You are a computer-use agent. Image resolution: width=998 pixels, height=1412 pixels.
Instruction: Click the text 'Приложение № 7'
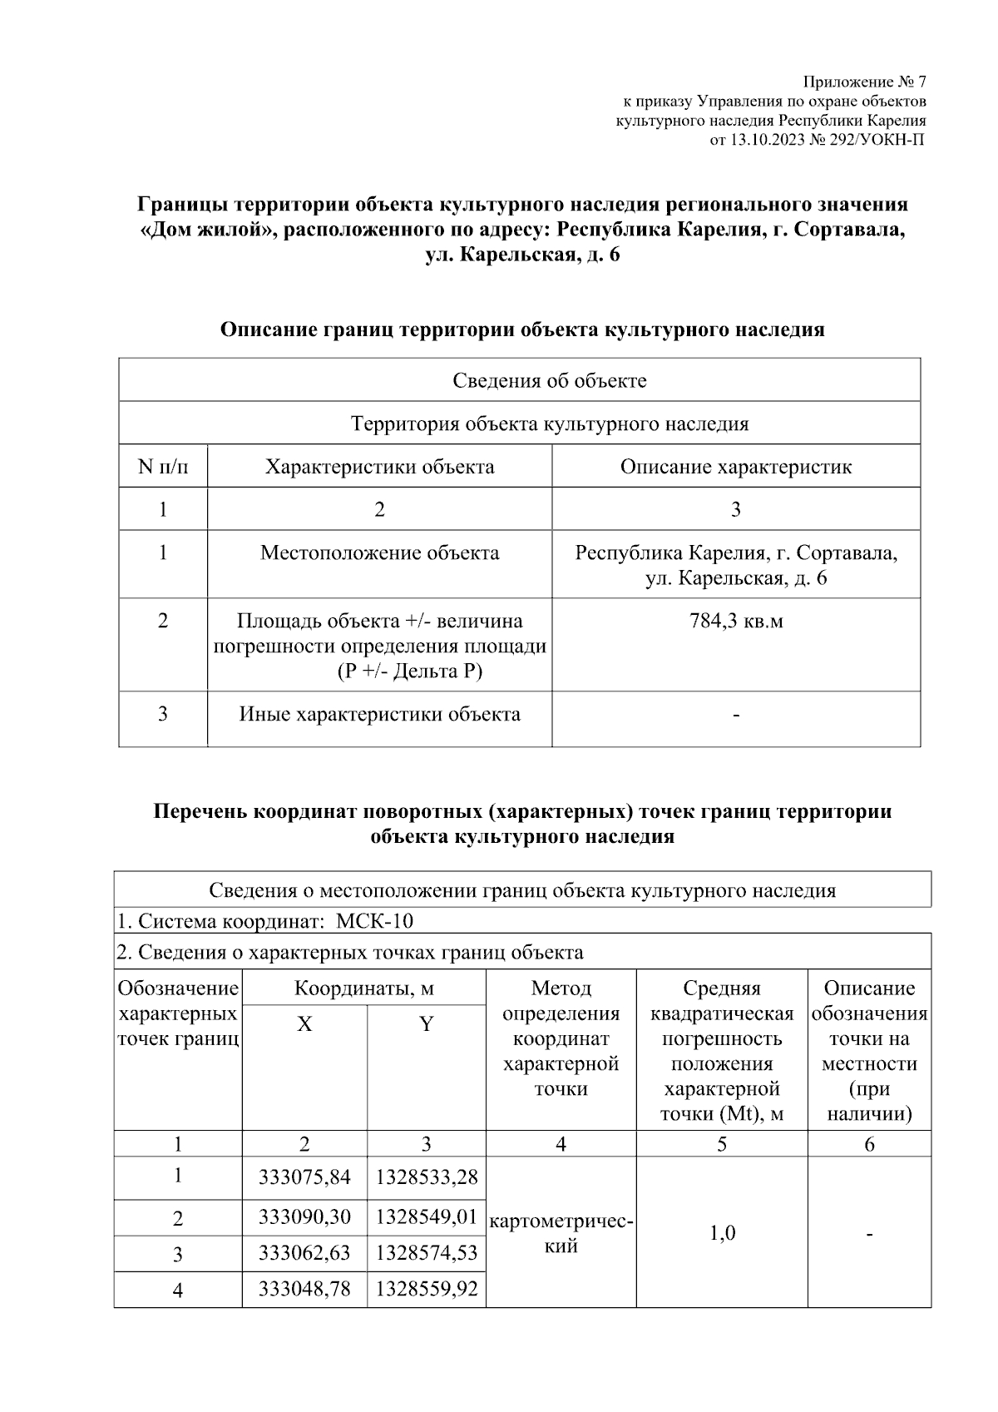coord(864,82)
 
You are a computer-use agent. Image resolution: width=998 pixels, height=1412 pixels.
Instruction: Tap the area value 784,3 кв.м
coord(736,621)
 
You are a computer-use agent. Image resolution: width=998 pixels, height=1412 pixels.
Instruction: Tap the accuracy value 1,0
coord(722,1232)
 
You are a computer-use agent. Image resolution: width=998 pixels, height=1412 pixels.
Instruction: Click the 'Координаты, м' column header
coord(363,988)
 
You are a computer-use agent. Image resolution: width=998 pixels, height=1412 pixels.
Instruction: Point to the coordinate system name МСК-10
coord(374,921)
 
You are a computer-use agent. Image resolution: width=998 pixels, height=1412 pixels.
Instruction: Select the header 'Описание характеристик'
coord(736,467)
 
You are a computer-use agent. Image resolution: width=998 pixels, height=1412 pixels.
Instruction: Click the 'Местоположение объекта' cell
coord(379,552)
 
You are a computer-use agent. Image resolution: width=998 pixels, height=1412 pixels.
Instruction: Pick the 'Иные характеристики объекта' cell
coord(379,714)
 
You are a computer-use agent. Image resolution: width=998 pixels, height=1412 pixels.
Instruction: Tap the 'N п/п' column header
coord(163,467)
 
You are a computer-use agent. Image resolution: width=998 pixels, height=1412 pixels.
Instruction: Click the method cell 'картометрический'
coord(561,1233)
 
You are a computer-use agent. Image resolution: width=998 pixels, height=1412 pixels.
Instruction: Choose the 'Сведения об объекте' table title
coord(550,381)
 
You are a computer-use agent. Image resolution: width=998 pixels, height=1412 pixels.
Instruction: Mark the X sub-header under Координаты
coord(304,1024)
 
